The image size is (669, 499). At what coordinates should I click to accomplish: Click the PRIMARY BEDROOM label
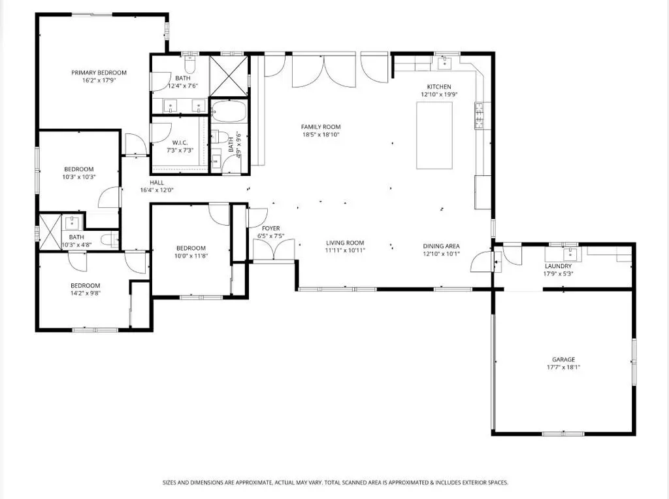tap(99, 73)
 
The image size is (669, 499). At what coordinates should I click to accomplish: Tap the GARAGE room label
tap(564, 359)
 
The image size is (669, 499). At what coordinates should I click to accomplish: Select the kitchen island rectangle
tap(434, 135)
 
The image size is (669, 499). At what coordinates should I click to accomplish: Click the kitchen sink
tap(446, 62)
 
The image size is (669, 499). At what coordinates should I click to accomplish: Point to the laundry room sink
tap(570, 254)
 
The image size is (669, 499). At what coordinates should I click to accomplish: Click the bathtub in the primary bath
tap(229, 111)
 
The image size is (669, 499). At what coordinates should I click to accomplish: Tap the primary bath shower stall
tap(229, 76)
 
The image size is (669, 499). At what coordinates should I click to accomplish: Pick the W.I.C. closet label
tap(180, 143)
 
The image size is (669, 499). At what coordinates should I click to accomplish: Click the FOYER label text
tap(271, 228)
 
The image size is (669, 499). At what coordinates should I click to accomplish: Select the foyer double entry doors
tap(274, 249)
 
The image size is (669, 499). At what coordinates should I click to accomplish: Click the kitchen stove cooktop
tap(479, 116)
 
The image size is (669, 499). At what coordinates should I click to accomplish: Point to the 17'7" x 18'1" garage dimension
tap(564, 367)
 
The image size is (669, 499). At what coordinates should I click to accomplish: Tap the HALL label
tap(157, 182)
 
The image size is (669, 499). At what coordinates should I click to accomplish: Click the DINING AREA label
tap(441, 246)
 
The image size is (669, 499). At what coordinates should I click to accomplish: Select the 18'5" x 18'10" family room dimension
tap(321, 135)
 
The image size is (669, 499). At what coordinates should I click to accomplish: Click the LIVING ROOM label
tap(345, 243)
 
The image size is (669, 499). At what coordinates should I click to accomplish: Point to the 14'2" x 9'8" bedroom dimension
tap(86, 293)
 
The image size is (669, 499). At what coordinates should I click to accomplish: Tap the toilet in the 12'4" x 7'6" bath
tap(189, 65)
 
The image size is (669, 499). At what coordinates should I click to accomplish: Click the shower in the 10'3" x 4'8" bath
tap(50, 232)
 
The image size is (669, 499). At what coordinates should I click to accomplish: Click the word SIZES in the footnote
tap(169, 483)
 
